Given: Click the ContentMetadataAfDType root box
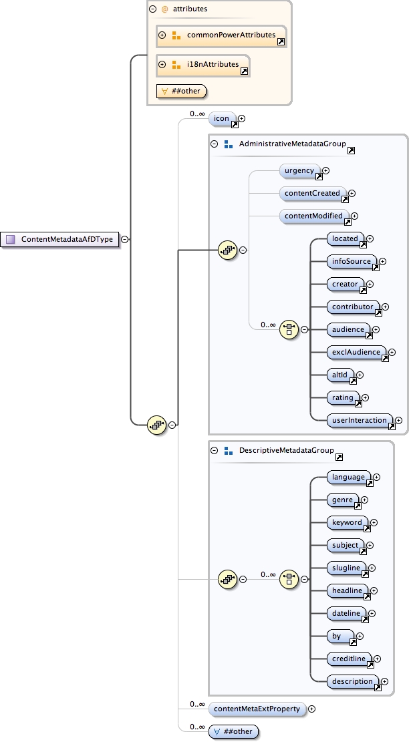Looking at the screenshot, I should (61, 239).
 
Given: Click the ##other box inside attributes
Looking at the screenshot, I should (181, 91).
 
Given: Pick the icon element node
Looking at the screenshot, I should (223, 119).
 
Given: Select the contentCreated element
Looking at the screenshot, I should (312, 194).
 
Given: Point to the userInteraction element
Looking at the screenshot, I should (360, 421).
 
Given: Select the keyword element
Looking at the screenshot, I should (347, 523).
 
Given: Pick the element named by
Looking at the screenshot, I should (339, 636).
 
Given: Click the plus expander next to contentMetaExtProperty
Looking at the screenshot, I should (311, 709).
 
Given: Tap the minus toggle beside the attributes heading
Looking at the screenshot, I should (152, 9).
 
